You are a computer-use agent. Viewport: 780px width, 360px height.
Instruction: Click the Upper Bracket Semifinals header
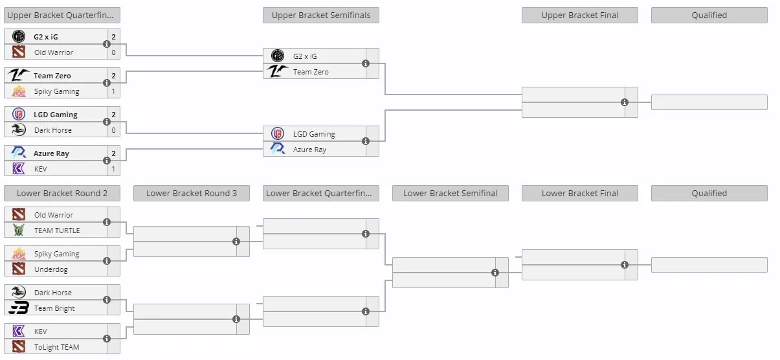coord(320,16)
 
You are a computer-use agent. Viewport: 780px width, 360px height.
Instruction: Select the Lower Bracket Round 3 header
coord(191,193)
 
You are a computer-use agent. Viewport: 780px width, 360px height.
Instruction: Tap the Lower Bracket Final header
coord(580,193)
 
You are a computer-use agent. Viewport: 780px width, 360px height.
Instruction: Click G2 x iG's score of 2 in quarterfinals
coord(113,36)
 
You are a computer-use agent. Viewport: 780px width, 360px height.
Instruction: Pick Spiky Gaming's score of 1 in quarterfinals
coord(113,91)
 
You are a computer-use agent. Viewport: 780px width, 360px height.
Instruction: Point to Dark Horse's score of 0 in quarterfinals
coord(113,130)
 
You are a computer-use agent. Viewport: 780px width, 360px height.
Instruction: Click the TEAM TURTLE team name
coord(57,231)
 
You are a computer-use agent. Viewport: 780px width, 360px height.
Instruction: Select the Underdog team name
coord(51,269)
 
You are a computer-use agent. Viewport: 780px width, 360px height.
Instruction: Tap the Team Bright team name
coord(54,308)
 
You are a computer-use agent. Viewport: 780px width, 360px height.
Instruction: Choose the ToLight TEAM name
coord(57,347)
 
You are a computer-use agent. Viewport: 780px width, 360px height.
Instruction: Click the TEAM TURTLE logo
coord(19,230)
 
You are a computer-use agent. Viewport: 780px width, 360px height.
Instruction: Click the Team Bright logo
coord(19,308)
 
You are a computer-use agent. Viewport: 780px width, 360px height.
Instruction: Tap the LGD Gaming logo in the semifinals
coord(278,133)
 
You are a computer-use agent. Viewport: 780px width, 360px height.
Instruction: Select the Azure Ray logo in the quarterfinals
coord(19,153)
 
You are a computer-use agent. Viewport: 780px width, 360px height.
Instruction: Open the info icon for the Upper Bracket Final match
coord(625,102)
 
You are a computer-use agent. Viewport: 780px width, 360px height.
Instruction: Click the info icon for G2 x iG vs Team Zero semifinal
coord(366,63)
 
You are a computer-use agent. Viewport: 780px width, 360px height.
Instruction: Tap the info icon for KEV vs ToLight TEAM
coord(107,339)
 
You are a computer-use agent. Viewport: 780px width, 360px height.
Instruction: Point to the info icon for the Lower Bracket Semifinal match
coord(495,273)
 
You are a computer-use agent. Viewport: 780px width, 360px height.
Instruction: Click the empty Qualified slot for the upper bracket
coord(709,102)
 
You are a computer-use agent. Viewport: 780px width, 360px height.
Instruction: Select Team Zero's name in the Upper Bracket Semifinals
coord(311,72)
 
